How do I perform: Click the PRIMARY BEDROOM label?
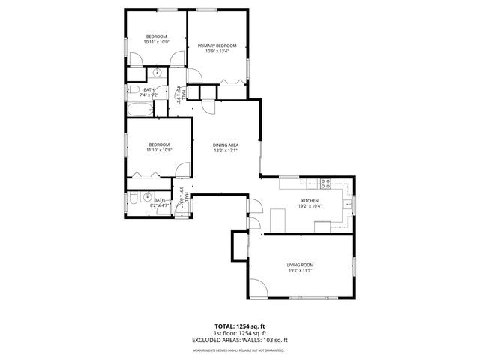coord(217,46)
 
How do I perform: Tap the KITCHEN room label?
coord(310,201)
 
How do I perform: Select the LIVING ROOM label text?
coord(299,264)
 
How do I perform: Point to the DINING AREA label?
coord(225,145)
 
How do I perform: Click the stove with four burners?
coord(326,182)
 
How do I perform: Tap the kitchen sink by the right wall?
coord(349,204)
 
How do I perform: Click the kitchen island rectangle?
coord(277,220)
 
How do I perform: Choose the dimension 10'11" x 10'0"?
coord(156,42)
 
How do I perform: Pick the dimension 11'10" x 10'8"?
coord(159,150)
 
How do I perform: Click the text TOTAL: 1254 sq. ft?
coord(240,326)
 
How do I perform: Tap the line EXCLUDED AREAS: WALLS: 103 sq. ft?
coord(240,340)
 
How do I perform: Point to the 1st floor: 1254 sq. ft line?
coord(240,333)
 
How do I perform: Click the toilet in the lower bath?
coord(133,199)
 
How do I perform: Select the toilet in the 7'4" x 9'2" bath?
coord(132,91)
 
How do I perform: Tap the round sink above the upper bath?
coord(157,73)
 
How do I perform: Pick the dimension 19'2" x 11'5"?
coord(299,271)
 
